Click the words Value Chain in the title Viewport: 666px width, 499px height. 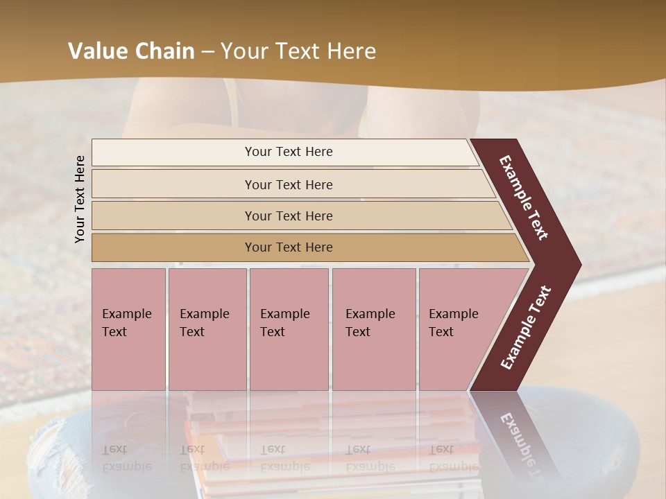(131, 51)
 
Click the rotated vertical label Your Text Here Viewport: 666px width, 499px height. (80, 199)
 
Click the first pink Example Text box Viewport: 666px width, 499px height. (128, 329)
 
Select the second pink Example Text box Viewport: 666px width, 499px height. (207, 329)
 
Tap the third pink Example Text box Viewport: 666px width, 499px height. (289, 329)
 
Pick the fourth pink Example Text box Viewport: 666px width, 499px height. (373, 329)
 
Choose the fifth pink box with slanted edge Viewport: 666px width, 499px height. (465, 329)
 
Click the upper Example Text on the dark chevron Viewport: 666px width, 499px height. (524, 198)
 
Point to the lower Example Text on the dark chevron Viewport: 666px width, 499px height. (526, 327)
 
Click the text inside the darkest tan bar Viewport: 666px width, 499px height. (289, 247)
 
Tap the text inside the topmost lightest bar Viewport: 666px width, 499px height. (289, 152)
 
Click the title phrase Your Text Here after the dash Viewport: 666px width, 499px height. (298, 51)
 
